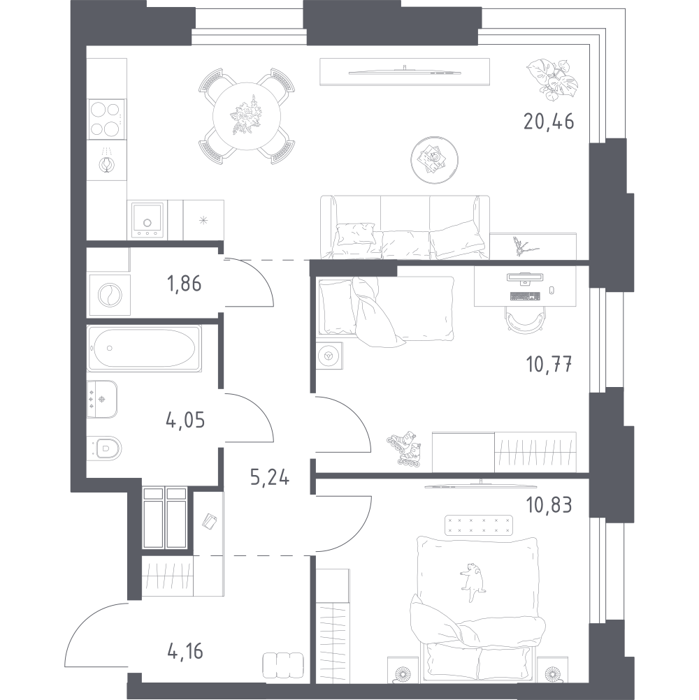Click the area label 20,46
click(x=549, y=121)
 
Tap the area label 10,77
click(x=549, y=364)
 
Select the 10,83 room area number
click(x=549, y=505)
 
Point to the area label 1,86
click(x=184, y=284)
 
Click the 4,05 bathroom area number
click(x=185, y=420)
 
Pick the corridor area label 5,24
click(x=269, y=477)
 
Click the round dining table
click(x=246, y=117)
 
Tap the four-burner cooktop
click(x=106, y=119)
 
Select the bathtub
click(x=144, y=348)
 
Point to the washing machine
click(x=110, y=295)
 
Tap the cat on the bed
click(x=472, y=582)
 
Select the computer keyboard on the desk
click(x=524, y=296)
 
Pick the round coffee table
click(x=434, y=160)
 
